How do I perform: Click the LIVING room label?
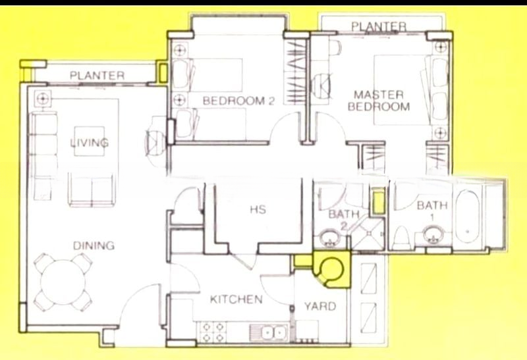[90, 142]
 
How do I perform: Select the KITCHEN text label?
[236, 300]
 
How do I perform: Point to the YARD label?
[319, 306]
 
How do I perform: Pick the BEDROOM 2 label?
[238, 101]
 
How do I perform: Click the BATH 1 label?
[432, 211]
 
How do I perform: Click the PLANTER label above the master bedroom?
[378, 26]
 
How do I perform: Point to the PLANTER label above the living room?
[97, 76]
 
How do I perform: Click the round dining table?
[64, 284]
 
